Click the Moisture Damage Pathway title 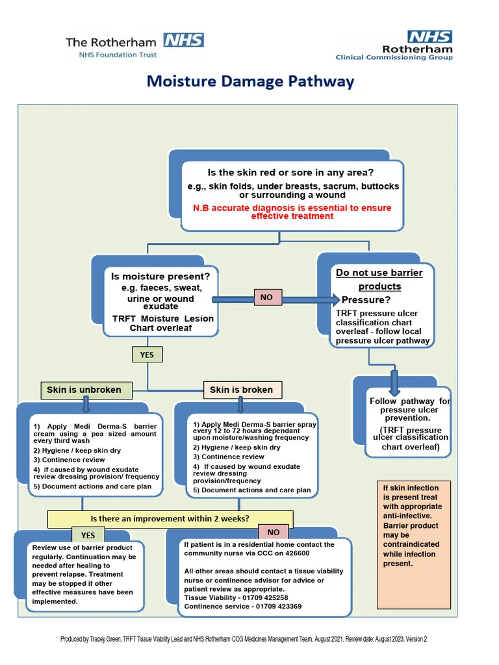[x=250, y=81]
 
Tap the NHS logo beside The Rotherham [x=184, y=40]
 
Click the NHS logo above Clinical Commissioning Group [x=429, y=36]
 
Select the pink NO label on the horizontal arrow [x=266, y=297]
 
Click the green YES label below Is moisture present [x=147, y=355]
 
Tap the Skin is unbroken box [x=86, y=390]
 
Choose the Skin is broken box [x=242, y=390]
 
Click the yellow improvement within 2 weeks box [x=170, y=519]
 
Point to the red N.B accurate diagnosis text [x=292, y=212]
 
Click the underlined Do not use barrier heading [x=379, y=279]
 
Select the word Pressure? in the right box [x=366, y=300]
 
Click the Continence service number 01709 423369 [x=278, y=607]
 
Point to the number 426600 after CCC [x=297, y=553]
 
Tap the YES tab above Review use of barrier [x=88, y=535]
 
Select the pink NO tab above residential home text [x=274, y=533]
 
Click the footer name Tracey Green [x=105, y=639]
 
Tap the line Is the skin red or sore [x=290, y=173]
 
